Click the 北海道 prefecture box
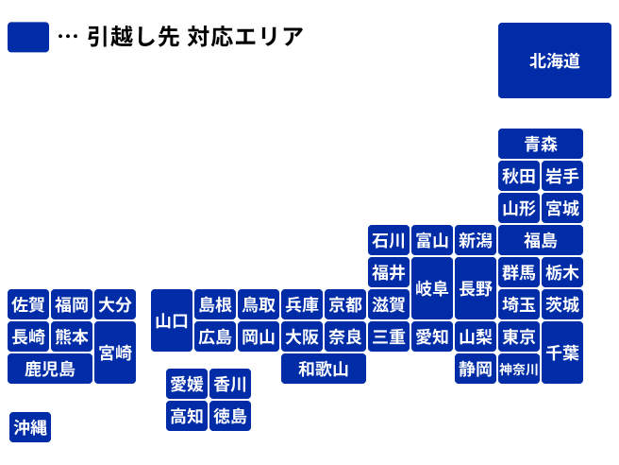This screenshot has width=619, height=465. pyautogui.click(x=554, y=61)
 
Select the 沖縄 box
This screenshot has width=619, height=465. pyautogui.click(x=30, y=427)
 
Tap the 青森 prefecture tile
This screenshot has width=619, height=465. pyautogui.click(x=541, y=144)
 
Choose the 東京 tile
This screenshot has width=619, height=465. pyautogui.click(x=519, y=336)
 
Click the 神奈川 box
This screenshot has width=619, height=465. pyautogui.click(x=519, y=369)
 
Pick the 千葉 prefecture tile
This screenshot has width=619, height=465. pyautogui.click(x=562, y=353)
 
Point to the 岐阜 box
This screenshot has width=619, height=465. pyautogui.click(x=431, y=288)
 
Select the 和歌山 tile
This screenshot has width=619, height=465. pyautogui.click(x=324, y=369)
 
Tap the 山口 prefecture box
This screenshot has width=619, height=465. pyautogui.click(x=172, y=320)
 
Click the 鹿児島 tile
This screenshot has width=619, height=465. pyautogui.click(x=51, y=369)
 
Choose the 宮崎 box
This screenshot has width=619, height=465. pyautogui.click(x=115, y=353)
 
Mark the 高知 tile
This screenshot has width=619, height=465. pyautogui.click(x=187, y=415)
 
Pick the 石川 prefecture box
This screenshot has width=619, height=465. pyautogui.click(x=388, y=240)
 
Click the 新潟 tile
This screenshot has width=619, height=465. pyautogui.click(x=475, y=240)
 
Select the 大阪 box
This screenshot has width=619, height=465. pyautogui.click(x=302, y=336)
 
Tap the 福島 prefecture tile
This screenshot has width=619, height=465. pyautogui.click(x=541, y=240)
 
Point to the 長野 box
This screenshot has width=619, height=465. pyautogui.click(x=475, y=288)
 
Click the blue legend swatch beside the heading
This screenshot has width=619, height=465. pyautogui.click(x=27, y=38)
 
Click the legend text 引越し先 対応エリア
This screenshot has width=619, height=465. pyautogui.click(x=194, y=38)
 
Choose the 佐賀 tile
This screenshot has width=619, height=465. pyautogui.click(x=28, y=304)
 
